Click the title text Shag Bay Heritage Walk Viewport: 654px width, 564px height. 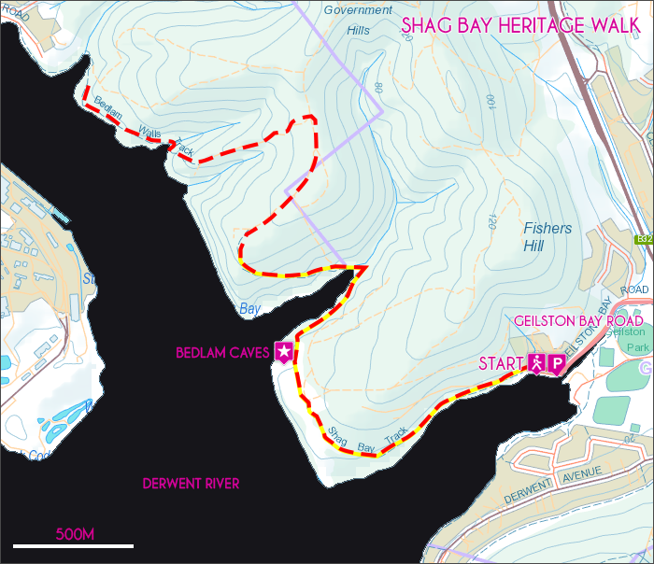[519, 25]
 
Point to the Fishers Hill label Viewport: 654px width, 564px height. [547, 237]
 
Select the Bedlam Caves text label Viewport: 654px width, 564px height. [222, 353]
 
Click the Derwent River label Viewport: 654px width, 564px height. [191, 484]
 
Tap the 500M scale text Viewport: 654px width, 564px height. [76, 535]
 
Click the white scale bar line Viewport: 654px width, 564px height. [73, 545]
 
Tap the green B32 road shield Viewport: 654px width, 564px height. [644, 240]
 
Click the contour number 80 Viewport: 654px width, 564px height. [378, 86]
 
